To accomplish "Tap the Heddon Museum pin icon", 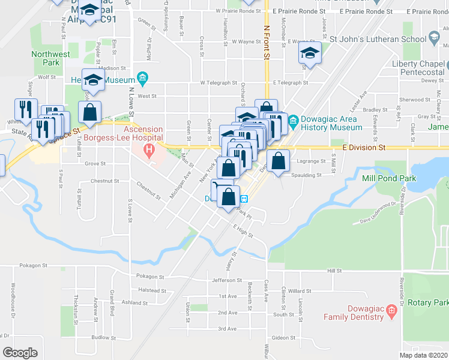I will coord(142,77).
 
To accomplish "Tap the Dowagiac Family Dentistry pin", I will coord(391,310).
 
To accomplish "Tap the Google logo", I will coord(20,352).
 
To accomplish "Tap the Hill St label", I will coord(334,271).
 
